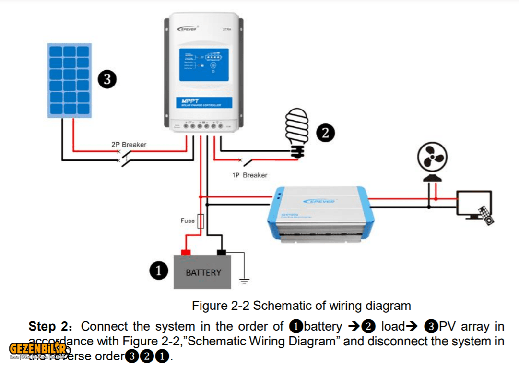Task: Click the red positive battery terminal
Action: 185,252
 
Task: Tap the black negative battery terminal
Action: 221,252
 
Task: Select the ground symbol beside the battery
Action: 245,281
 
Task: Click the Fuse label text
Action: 188,221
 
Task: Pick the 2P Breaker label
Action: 129,144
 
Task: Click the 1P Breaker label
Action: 249,175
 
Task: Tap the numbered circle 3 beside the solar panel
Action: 107,79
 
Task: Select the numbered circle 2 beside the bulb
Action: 325,133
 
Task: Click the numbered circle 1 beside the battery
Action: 159,271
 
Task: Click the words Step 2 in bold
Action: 49,327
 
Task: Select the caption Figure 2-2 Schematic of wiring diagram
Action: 301,306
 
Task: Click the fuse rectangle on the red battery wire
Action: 201,221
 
